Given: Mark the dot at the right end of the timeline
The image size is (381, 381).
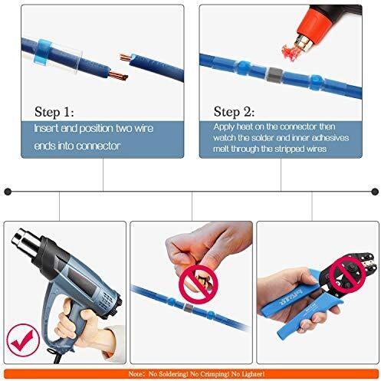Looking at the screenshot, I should tap(374, 190).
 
